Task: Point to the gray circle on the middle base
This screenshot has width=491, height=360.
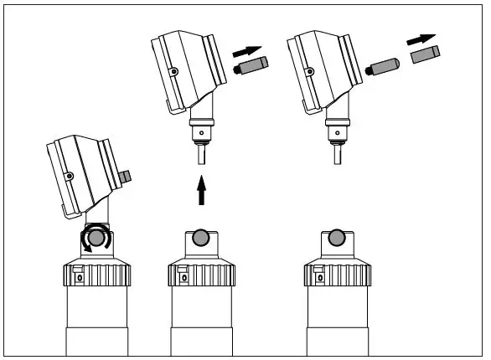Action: click(x=201, y=238)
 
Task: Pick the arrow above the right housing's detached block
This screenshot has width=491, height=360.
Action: click(x=422, y=39)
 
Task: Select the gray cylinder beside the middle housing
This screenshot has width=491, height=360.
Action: click(x=251, y=64)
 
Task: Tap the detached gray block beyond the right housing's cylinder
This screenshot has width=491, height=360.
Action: click(x=426, y=54)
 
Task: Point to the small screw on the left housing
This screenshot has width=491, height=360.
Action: click(x=70, y=175)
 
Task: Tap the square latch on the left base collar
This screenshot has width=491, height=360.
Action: click(x=76, y=271)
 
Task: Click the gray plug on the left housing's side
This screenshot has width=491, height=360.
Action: click(x=128, y=177)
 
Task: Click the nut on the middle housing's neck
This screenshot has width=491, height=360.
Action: click(x=201, y=132)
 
